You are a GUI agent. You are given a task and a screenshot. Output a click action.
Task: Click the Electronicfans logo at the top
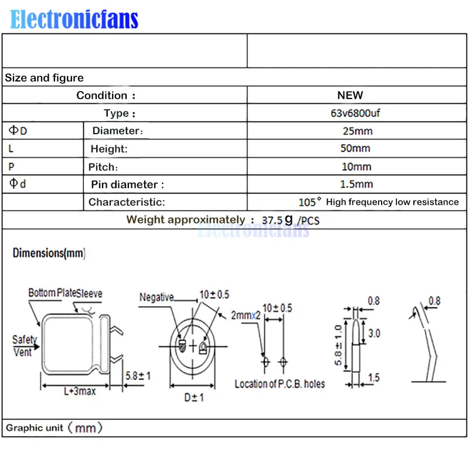(74, 19)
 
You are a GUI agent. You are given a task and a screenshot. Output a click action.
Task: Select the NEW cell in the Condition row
(350, 95)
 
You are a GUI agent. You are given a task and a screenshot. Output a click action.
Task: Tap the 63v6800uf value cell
(355, 113)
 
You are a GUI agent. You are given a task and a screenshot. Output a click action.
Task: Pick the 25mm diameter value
(358, 131)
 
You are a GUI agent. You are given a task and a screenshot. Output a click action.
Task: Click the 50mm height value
(355, 148)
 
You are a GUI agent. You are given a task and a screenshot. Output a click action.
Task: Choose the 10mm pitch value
(356, 166)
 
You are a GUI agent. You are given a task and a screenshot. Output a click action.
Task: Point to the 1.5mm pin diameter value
(356, 184)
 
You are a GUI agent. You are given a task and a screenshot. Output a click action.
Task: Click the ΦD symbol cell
(18, 130)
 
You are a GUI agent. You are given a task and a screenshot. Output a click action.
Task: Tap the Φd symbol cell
(18, 183)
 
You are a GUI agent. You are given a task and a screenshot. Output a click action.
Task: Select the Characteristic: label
(127, 202)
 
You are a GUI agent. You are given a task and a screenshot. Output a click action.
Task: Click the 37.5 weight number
(272, 220)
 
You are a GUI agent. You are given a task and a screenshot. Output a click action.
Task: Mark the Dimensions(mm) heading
(49, 253)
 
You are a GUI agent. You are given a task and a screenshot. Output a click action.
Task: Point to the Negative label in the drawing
(157, 297)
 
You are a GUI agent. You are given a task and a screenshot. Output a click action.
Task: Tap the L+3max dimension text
(80, 391)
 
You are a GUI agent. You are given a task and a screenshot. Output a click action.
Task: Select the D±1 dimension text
(194, 397)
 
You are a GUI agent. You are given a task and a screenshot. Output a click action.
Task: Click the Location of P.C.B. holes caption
(280, 384)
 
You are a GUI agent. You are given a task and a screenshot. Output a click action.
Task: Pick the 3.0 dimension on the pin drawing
(374, 333)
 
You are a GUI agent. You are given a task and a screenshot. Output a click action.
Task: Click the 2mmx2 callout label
(246, 315)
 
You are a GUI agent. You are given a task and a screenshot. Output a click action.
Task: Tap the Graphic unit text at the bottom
(54, 428)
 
